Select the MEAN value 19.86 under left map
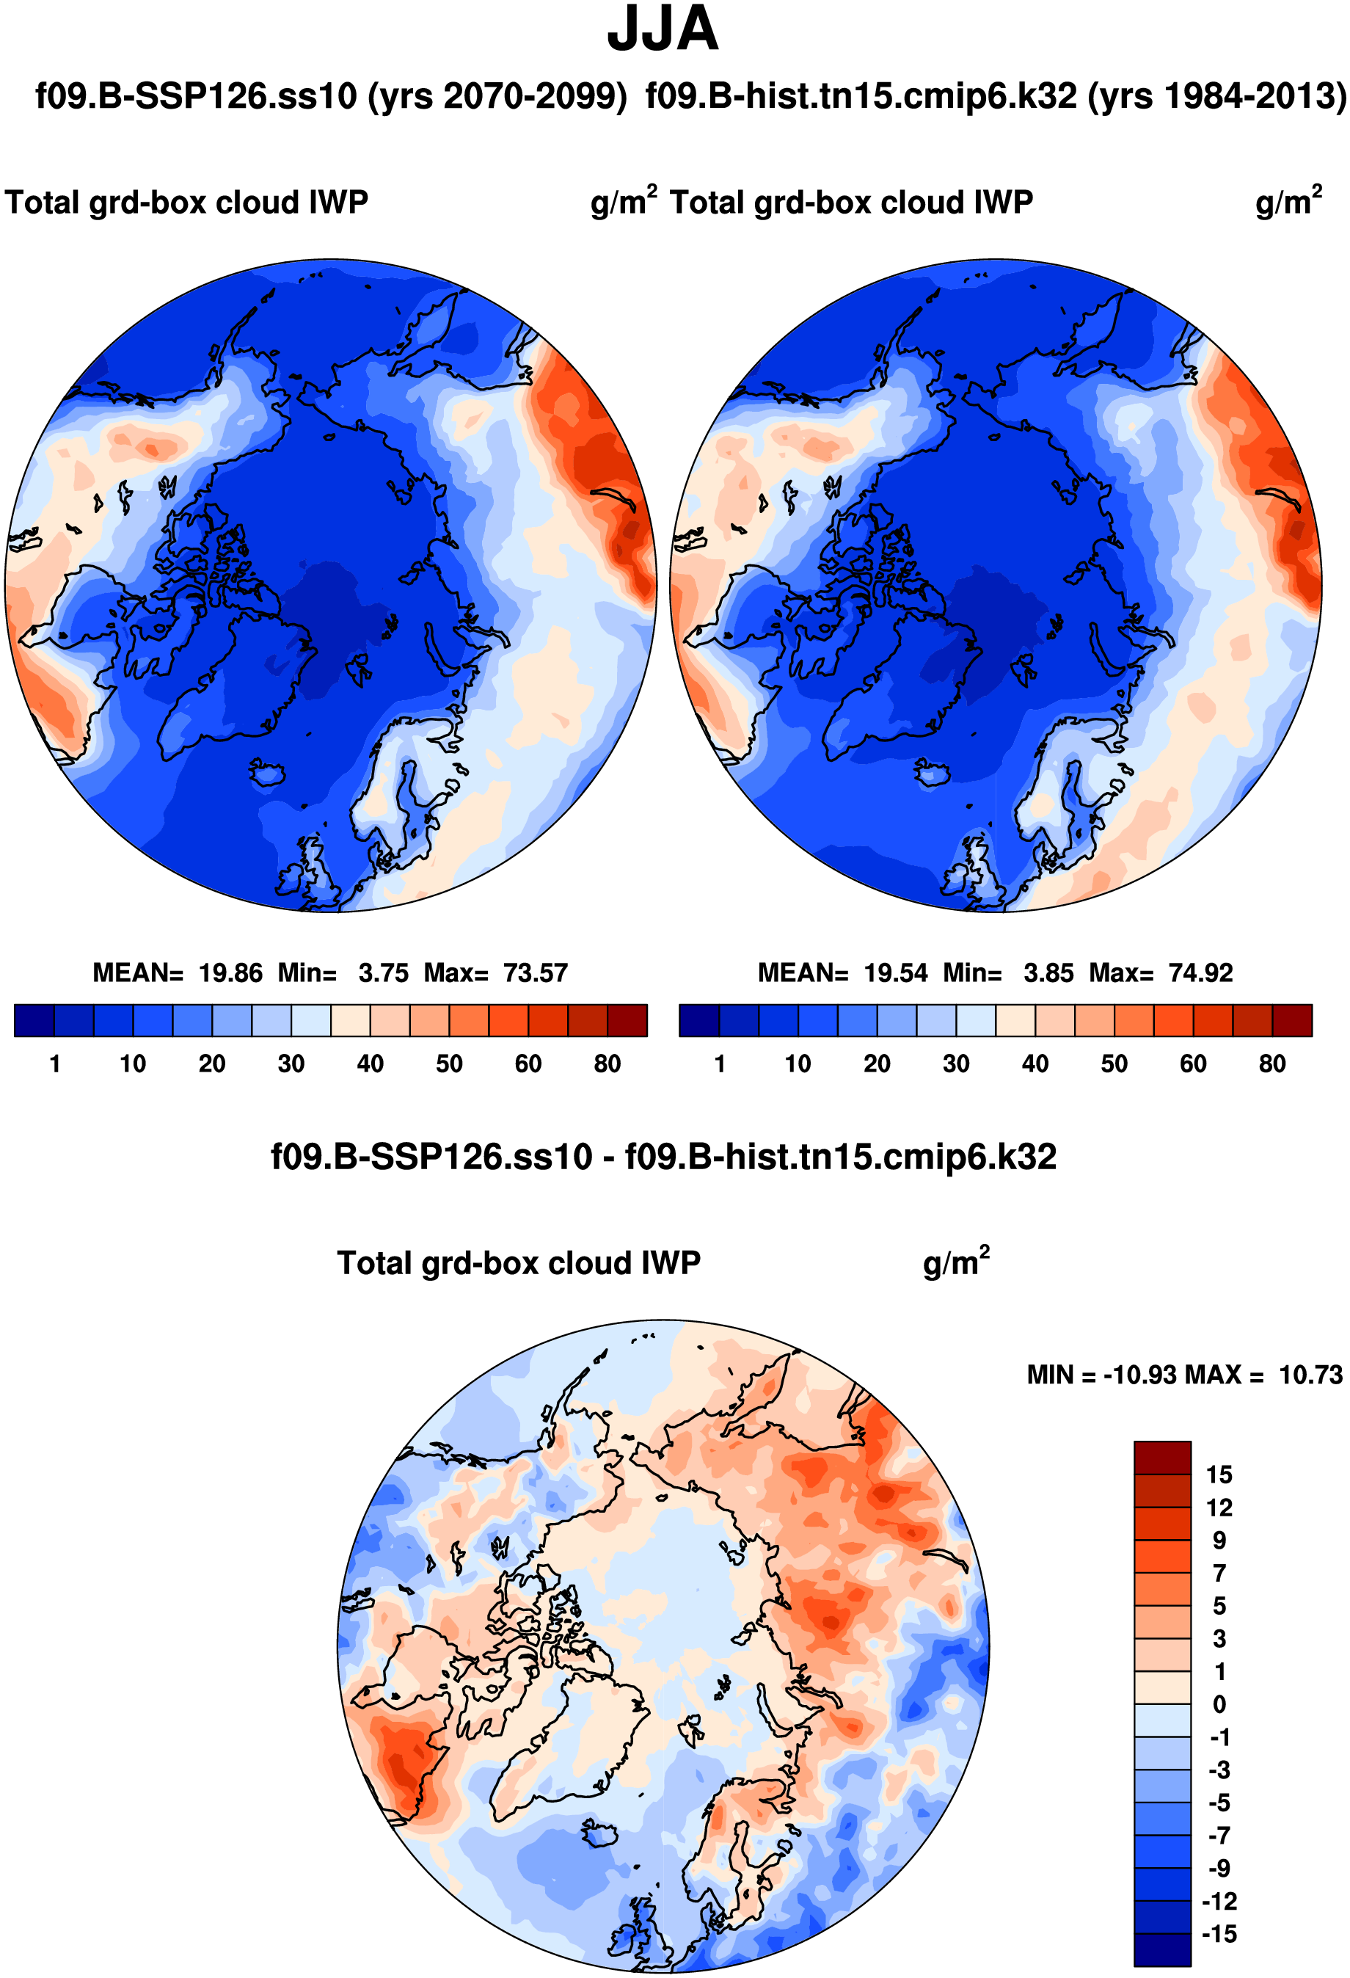tap(230, 972)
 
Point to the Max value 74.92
tap(1200, 972)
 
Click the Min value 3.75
tap(383, 972)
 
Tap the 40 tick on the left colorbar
tap(370, 1064)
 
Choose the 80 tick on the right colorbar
tap(1271, 1064)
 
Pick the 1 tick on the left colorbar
tap(55, 1064)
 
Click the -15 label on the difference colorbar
tap(1219, 1934)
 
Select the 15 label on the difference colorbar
tap(1219, 1475)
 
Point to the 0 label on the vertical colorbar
tap(1219, 1705)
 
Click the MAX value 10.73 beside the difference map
tap(1311, 1375)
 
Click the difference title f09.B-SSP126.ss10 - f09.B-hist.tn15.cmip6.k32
tap(663, 1157)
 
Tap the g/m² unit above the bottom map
tap(956, 1263)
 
